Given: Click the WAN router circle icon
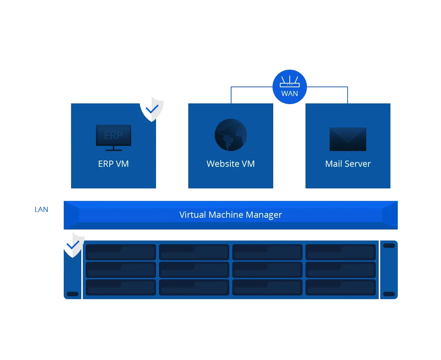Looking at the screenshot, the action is [x=289, y=87].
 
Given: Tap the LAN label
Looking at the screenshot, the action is [x=41, y=209].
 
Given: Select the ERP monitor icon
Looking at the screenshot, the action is [x=113, y=138].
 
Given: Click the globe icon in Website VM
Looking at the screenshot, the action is [x=231, y=135].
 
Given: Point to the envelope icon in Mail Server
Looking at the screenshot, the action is [x=348, y=139].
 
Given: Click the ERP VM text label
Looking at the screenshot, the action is [x=113, y=164].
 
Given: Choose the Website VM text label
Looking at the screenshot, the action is [x=231, y=164].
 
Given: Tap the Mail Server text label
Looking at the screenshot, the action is [x=348, y=164].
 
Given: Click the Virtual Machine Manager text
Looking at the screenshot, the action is [x=231, y=215].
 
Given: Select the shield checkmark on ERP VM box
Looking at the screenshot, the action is [x=152, y=109].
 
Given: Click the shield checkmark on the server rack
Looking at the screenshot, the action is [x=73, y=245].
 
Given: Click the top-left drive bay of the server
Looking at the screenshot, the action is [x=121, y=252].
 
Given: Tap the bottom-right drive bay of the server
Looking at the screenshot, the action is [x=340, y=287].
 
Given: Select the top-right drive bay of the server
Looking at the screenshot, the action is [x=340, y=252].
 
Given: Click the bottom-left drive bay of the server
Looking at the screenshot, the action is [x=121, y=287].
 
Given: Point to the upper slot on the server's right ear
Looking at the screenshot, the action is [x=389, y=246].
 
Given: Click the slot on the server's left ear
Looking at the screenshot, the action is [x=73, y=294].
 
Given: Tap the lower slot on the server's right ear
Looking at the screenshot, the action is [x=389, y=294].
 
